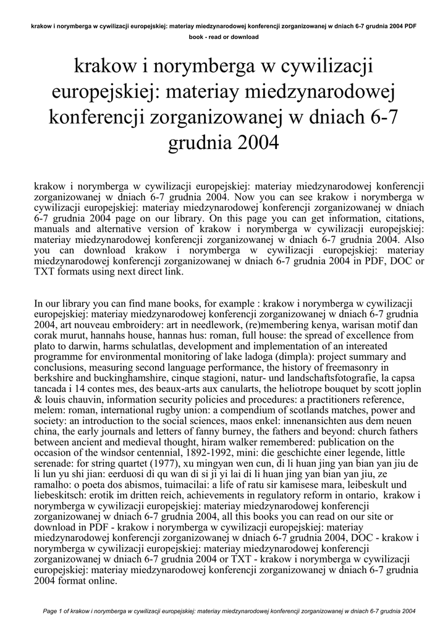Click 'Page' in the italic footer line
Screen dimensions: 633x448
tap(51, 611)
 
